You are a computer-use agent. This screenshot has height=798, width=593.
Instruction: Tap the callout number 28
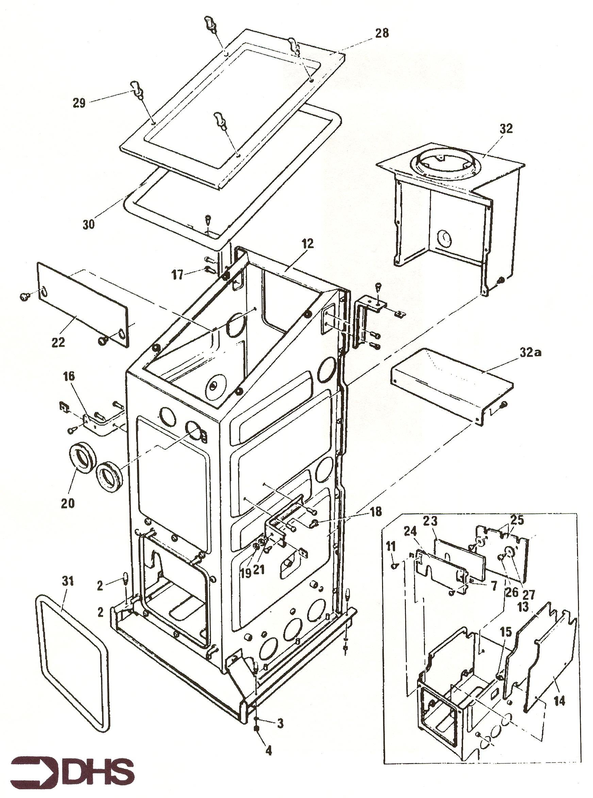tap(382, 33)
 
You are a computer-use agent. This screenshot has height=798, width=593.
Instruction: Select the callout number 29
tap(79, 103)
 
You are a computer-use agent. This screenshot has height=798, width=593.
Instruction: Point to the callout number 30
tap(89, 224)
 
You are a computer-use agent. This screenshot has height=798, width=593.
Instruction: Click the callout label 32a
tap(530, 353)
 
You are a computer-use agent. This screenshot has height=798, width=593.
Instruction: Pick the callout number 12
tap(307, 244)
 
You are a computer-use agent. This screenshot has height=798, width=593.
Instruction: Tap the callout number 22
tap(59, 342)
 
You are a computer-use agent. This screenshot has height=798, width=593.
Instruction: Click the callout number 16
tap(69, 377)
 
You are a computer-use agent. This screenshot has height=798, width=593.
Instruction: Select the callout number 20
tap(67, 504)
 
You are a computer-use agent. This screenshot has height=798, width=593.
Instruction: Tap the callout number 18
tap(376, 511)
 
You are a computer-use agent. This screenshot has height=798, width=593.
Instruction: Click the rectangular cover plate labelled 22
tap(83, 305)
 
